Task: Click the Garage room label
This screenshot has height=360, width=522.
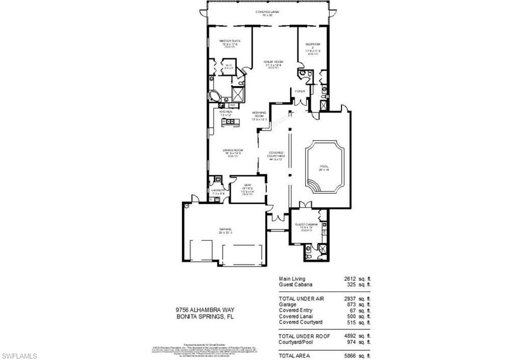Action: coord(225,230)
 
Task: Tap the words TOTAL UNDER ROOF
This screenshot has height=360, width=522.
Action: coord(304,336)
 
